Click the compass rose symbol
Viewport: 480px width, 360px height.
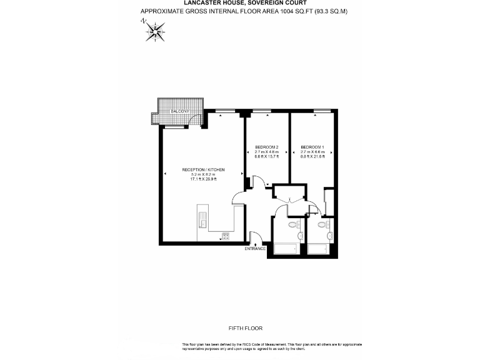point(154,30)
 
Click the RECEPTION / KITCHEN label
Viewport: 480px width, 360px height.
point(203,170)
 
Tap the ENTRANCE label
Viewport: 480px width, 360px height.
point(256,249)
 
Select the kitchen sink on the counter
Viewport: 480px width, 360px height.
point(202,219)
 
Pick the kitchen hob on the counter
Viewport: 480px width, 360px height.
point(224,236)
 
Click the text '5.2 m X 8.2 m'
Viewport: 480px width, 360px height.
point(203,174)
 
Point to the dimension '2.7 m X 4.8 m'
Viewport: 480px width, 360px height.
point(267,152)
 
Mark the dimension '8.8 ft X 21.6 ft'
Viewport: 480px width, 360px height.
point(312,157)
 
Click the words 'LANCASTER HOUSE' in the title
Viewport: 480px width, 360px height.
point(199,2)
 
